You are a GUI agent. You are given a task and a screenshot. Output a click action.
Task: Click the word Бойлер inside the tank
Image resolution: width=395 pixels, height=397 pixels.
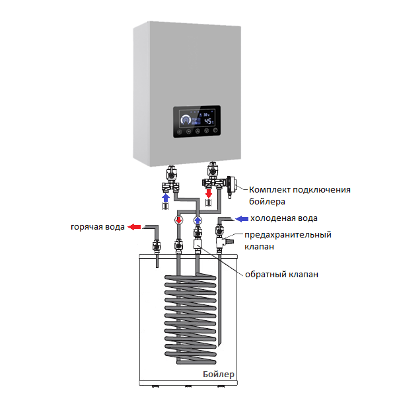click(219, 375)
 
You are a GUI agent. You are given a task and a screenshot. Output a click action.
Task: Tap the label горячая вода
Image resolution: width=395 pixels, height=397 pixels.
click(98, 227)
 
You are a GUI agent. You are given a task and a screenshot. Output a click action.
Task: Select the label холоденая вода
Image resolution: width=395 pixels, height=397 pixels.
click(284, 218)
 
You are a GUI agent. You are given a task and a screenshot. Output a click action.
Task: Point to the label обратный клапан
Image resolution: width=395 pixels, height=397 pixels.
click(281, 275)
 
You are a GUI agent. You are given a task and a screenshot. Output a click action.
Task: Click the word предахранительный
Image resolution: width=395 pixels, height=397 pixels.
click(288, 235)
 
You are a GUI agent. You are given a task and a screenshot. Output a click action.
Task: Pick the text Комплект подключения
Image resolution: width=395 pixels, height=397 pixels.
click(300, 190)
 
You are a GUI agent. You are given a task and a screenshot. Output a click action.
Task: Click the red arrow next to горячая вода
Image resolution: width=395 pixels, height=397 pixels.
click(134, 227)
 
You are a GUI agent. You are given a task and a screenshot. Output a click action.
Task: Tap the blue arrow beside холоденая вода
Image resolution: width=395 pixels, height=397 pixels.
click(242, 219)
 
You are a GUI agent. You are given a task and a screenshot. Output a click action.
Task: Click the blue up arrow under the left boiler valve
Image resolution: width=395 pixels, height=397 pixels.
click(166, 198)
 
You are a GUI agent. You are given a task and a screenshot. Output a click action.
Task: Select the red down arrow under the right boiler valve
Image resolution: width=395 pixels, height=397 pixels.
click(209, 193)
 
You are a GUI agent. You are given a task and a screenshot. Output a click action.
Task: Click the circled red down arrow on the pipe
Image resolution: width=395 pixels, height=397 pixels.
click(179, 220)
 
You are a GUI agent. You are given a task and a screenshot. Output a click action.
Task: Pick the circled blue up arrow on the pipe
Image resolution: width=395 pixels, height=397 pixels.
click(197, 220)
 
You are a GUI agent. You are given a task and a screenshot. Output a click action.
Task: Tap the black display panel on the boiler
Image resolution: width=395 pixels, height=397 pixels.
click(197, 122)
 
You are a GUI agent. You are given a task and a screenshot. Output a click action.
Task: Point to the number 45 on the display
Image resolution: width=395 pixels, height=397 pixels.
click(208, 121)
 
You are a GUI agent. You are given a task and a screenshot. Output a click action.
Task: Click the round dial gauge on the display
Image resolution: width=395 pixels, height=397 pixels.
click(186, 120)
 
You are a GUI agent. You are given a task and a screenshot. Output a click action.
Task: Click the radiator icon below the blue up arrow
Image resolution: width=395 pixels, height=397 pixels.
click(165, 206)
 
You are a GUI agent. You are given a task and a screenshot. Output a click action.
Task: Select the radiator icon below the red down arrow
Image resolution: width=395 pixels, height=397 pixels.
click(208, 202)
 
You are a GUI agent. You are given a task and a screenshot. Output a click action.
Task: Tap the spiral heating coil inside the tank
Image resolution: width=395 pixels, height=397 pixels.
click(190, 319)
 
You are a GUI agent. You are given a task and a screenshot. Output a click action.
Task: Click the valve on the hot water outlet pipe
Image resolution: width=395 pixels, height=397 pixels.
click(157, 245)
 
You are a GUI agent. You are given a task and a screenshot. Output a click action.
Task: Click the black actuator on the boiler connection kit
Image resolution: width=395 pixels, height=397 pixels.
click(230, 186)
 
